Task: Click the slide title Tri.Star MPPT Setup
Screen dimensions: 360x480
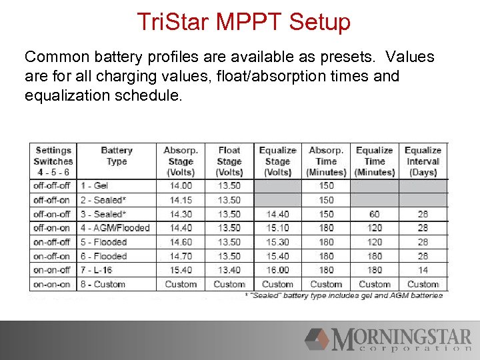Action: [243, 22]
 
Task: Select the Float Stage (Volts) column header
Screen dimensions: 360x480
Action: [229, 161]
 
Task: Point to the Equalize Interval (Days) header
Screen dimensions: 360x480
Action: [423, 161]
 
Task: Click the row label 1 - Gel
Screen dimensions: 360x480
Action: [95, 185]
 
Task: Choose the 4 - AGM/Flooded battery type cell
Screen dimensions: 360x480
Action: [115, 228]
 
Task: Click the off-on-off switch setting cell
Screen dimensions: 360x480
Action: [52, 214]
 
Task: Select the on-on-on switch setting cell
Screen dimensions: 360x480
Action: [52, 284]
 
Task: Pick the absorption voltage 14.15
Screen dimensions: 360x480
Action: [181, 200]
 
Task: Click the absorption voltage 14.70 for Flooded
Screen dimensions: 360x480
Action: [181, 256]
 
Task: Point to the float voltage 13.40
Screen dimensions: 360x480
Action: [229, 270]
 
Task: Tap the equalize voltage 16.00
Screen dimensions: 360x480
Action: [277, 270]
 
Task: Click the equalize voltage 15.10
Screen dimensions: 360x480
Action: [277, 228]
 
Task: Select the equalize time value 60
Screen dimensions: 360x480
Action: [375, 214]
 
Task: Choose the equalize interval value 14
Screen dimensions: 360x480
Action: [423, 270]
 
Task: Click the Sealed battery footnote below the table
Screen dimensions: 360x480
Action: [343, 295]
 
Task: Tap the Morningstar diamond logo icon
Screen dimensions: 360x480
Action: [318, 339]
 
